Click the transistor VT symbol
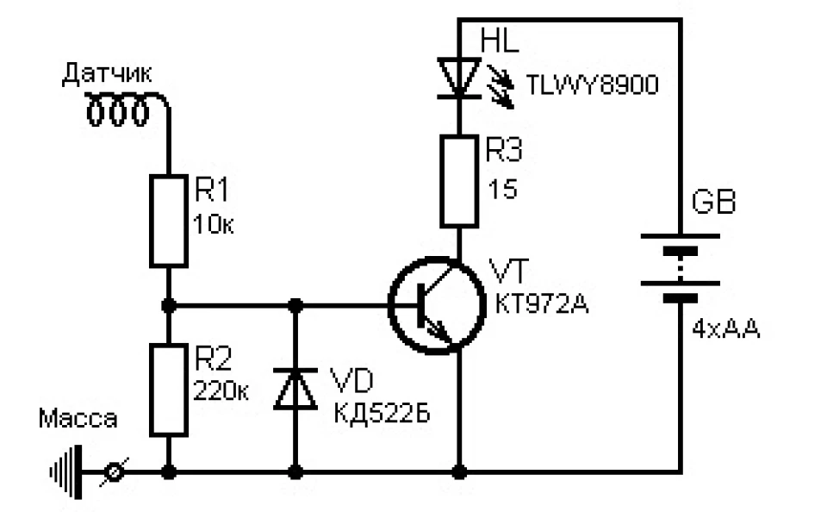coord(437,305)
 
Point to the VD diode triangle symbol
coord(295,389)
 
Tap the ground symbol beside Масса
coord(66,471)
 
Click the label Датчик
coord(107,74)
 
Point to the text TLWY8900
coord(593,85)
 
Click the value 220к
coord(221,391)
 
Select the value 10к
coord(213,225)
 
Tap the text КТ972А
coord(542,304)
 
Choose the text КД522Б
coord(382,413)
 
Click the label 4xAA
coord(725,329)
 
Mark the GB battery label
coord(713,202)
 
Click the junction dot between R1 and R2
coord(169,305)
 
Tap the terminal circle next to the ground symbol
coord(115,471)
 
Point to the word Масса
coord(78,419)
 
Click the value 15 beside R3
coord(502,189)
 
